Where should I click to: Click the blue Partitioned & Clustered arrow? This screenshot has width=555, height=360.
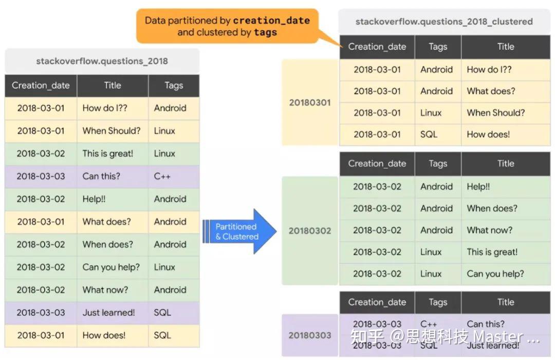237,231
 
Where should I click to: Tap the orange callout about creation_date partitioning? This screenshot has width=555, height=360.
227,26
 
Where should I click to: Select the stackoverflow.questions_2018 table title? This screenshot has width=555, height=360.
102,61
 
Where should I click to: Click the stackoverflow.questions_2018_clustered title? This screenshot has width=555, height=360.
444,22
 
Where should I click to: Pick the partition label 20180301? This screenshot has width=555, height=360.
310,102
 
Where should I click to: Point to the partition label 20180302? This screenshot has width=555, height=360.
310,230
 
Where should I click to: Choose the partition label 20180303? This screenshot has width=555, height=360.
310,335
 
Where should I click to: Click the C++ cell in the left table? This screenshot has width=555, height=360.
162,176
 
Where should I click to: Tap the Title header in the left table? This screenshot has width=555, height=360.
113,85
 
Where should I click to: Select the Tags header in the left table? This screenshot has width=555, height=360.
174,85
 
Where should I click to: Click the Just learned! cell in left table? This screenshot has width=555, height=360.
109,312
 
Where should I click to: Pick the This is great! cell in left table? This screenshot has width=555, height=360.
108,153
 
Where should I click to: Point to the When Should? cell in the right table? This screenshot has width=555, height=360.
495,113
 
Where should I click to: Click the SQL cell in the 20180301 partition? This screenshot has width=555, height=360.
429,134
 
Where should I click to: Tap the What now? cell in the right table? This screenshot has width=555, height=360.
489,230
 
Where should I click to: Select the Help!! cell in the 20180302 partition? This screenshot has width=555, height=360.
478,187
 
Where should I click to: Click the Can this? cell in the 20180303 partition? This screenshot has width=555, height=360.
486,324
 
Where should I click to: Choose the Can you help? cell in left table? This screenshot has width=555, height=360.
111,267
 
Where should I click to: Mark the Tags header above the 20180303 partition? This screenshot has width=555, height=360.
438,302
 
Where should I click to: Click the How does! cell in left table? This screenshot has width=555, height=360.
104,335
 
